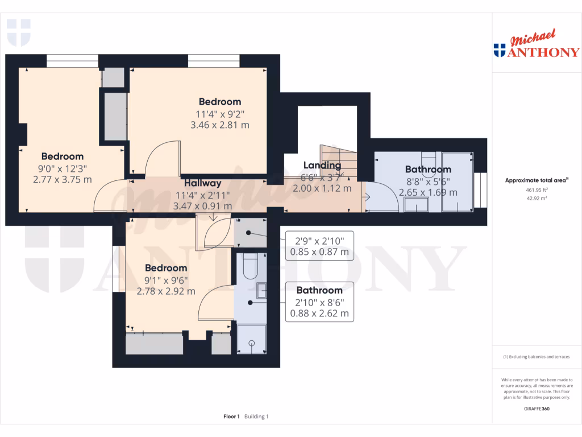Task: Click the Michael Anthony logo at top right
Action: (x=537, y=45)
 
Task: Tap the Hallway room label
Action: (x=202, y=183)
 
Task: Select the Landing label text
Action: (x=322, y=166)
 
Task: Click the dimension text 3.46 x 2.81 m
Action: (x=219, y=125)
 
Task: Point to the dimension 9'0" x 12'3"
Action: (x=63, y=168)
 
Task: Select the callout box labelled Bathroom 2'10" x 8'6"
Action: (x=319, y=302)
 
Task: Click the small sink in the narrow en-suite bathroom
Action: (x=261, y=291)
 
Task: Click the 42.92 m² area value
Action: (x=537, y=199)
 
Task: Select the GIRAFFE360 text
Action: (x=537, y=409)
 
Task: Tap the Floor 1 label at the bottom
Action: (x=231, y=417)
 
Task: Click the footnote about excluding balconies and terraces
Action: (x=537, y=357)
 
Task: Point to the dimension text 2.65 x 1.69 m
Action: (x=428, y=192)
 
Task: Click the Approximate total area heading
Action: (x=537, y=180)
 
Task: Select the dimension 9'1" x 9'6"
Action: (x=166, y=279)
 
